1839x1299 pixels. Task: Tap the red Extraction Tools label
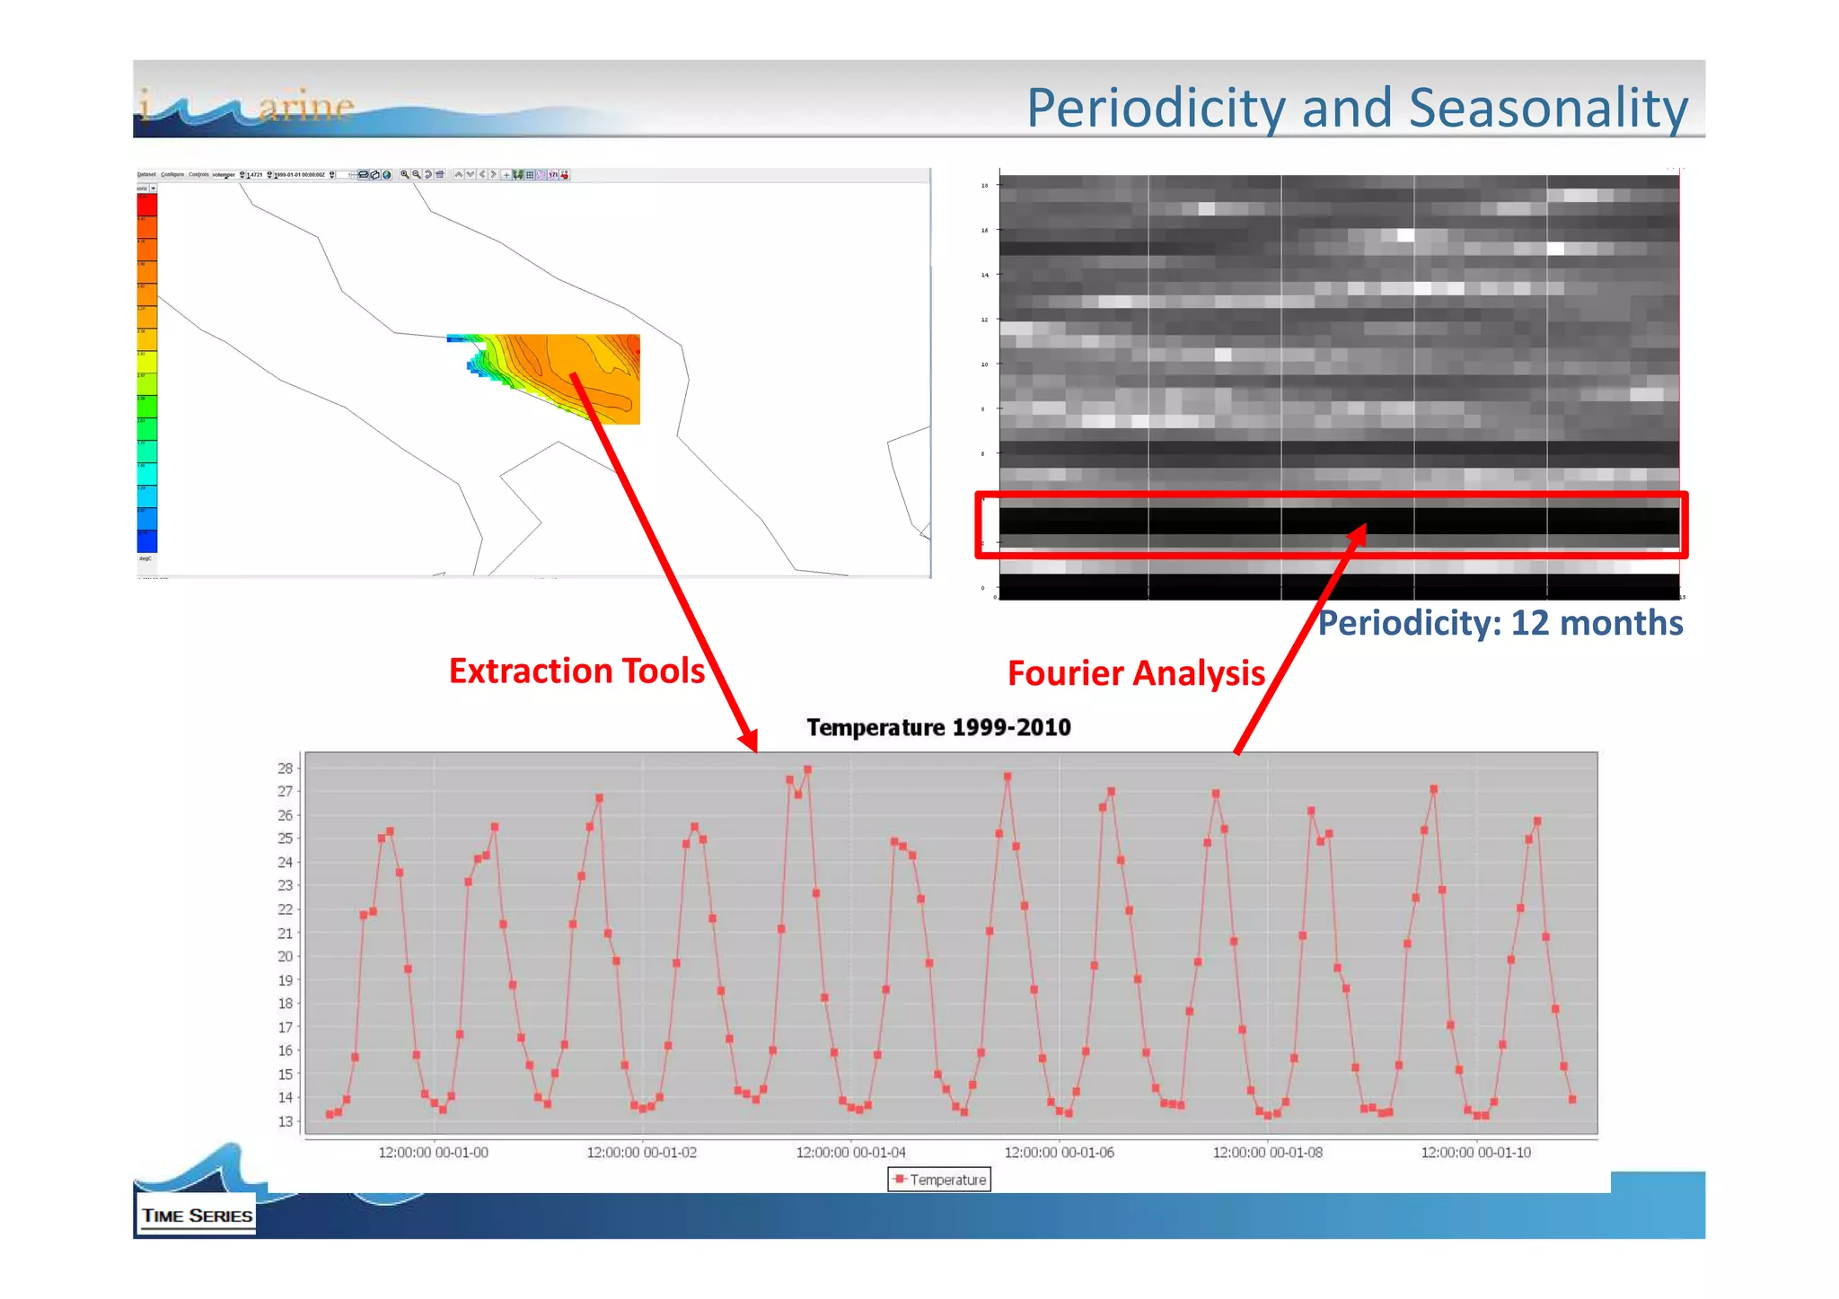pyautogui.click(x=576, y=671)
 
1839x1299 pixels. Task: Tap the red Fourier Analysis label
pyautogui.click(x=1135, y=673)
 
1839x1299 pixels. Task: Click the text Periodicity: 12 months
pyautogui.click(x=1499, y=623)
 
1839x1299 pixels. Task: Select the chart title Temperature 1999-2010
pyautogui.click(x=937, y=727)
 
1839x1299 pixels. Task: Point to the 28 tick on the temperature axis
pyautogui.click(x=285, y=768)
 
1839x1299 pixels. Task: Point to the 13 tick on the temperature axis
pyautogui.click(x=285, y=1121)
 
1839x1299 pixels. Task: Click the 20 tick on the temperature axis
pyautogui.click(x=285, y=957)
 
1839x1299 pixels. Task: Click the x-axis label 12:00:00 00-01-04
pyautogui.click(x=850, y=1153)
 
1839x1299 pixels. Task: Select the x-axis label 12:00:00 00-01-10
pyautogui.click(x=1475, y=1153)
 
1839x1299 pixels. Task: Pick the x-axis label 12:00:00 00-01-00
pyautogui.click(x=433, y=1153)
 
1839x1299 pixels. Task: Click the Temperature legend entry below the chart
pyautogui.click(x=939, y=1180)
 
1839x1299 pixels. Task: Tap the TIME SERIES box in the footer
pyautogui.click(x=197, y=1216)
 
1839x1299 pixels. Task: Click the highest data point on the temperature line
pyautogui.click(x=807, y=769)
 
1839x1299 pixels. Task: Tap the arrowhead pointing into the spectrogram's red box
pyautogui.click(x=1359, y=534)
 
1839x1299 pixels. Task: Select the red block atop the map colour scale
pyautogui.click(x=146, y=205)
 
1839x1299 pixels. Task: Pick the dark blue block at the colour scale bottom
pyautogui.click(x=146, y=541)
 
